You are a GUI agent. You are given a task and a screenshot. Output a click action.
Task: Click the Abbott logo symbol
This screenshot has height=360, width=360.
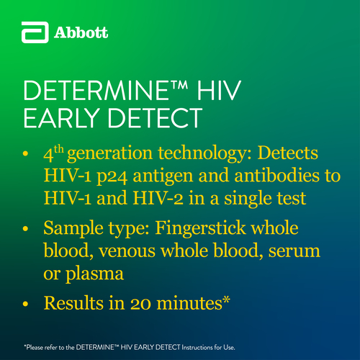coord(35,32)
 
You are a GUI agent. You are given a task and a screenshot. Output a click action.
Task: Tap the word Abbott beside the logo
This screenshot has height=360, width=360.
coord(81,32)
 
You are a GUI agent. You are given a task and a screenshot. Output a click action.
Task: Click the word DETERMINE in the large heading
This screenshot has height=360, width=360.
coord(96,91)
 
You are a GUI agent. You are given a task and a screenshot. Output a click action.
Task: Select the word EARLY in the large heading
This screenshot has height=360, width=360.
coord(61,118)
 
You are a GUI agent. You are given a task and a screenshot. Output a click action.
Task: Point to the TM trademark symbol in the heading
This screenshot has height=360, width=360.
coord(179,85)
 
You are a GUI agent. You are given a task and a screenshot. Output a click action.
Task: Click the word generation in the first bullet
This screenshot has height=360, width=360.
coord(109,154)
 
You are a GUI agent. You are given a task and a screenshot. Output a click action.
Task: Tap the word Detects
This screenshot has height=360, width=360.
coord(288,153)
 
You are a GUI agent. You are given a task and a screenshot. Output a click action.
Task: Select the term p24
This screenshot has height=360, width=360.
coord(112,177)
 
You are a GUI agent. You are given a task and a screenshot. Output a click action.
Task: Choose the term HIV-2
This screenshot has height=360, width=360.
coord(158,198)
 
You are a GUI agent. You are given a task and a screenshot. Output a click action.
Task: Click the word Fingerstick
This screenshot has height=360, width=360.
coord(200,228)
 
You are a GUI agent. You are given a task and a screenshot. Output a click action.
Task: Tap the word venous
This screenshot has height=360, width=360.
coord(127,251)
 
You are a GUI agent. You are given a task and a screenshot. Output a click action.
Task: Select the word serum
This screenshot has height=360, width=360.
coord(294,251)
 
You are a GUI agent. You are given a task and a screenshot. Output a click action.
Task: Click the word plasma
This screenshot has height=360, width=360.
coord(95,274)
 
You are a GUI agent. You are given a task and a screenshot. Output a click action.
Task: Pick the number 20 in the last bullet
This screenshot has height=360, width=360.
coord(140,304)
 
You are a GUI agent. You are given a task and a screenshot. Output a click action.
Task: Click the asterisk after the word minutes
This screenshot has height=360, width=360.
coord(226,300)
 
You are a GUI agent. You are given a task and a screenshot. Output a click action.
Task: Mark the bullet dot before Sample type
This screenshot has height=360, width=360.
coord(25,229)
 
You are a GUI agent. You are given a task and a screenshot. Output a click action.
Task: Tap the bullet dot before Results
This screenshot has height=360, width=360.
coord(25,304)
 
